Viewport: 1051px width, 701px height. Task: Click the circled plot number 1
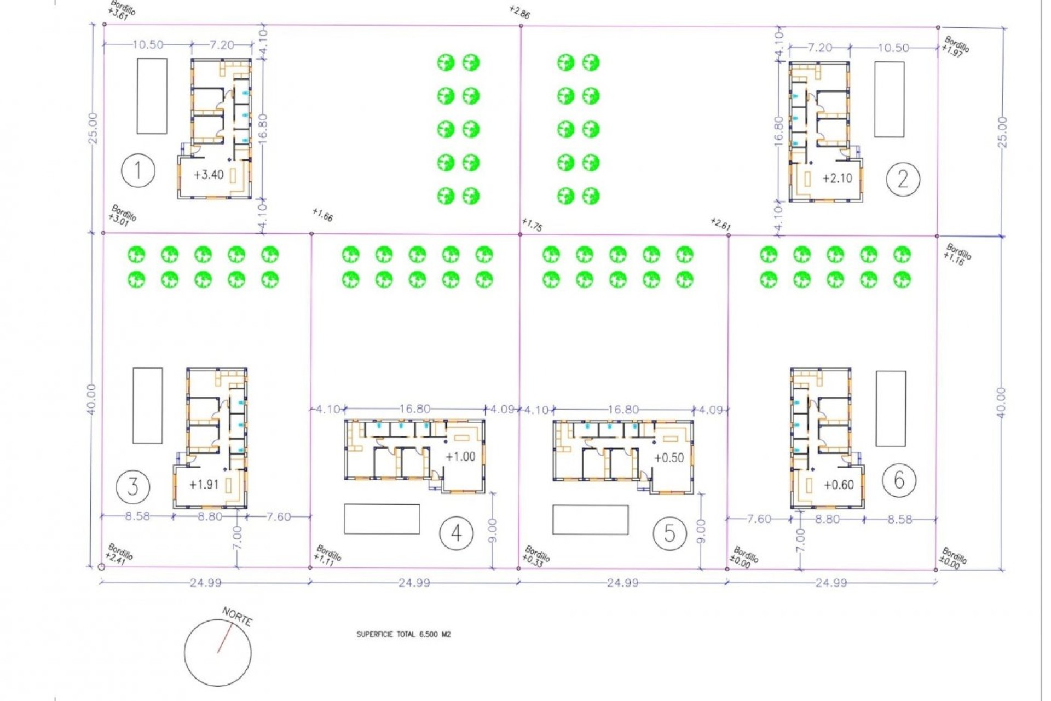coord(138,170)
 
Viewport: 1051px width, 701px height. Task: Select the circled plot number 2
coord(903,179)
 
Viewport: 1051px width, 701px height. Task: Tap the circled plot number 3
coord(133,486)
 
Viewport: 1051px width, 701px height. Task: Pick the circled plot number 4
coord(457,533)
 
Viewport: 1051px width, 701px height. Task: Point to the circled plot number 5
coord(669,533)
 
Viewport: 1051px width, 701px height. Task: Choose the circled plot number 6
coord(899,480)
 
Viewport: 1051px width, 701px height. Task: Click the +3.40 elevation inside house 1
coord(209,175)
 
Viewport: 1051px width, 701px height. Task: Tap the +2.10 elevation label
coord(837,178)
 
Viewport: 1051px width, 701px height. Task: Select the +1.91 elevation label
coord(204,485)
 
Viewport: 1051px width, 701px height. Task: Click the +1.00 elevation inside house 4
coord(460,457)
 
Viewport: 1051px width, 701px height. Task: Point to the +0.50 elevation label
coord(669,458)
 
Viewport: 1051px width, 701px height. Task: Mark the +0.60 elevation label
coord(839,485)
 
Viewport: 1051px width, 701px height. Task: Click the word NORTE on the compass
coord(237,617)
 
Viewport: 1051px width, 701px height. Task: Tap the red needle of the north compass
coord(224,639)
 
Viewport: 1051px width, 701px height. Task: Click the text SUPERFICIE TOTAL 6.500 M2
coord(403,634)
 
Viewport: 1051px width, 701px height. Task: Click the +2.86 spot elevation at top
coord(519,12)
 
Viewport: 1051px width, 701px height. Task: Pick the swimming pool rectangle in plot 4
coord(382,519)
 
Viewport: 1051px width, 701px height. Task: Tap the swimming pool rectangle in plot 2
coord(889,99)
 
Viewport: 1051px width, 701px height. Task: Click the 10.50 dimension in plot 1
coord(148,45)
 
